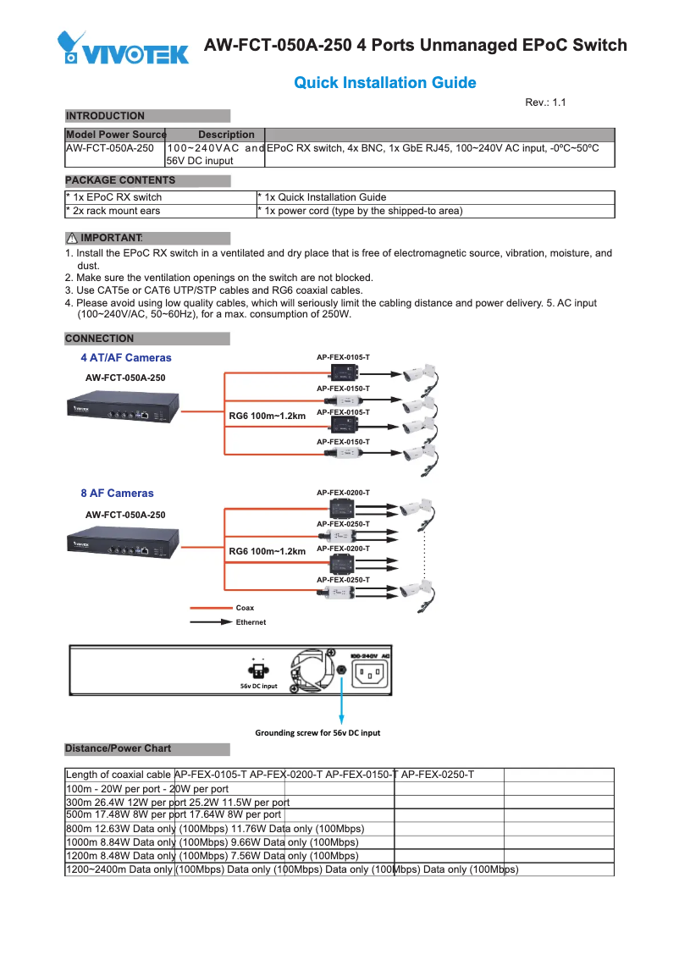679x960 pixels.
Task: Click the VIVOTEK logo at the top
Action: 124,48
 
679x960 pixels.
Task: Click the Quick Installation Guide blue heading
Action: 384,83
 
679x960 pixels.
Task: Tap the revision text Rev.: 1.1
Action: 544,102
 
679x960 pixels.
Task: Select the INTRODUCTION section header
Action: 106,116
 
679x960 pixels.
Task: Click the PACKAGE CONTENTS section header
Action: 120,180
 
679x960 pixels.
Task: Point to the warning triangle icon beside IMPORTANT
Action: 72,238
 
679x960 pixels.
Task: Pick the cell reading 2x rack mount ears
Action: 113,211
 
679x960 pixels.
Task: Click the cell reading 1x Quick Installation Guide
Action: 322,197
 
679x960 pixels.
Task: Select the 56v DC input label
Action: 258,686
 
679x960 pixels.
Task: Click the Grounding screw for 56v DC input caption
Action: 317,732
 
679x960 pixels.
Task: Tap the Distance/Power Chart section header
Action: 118,748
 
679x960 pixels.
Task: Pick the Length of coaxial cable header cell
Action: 119,775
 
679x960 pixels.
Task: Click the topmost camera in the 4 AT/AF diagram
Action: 418,372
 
